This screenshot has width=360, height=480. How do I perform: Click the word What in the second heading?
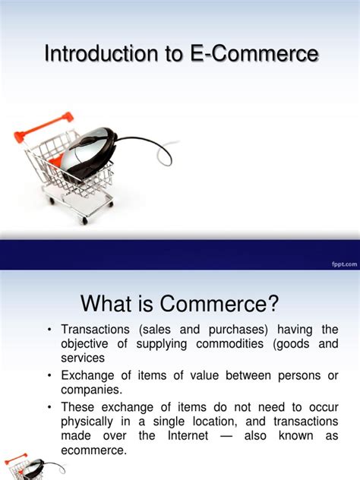(x=109, y=305)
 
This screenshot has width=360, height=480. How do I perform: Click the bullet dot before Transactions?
(x=49, y=330)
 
